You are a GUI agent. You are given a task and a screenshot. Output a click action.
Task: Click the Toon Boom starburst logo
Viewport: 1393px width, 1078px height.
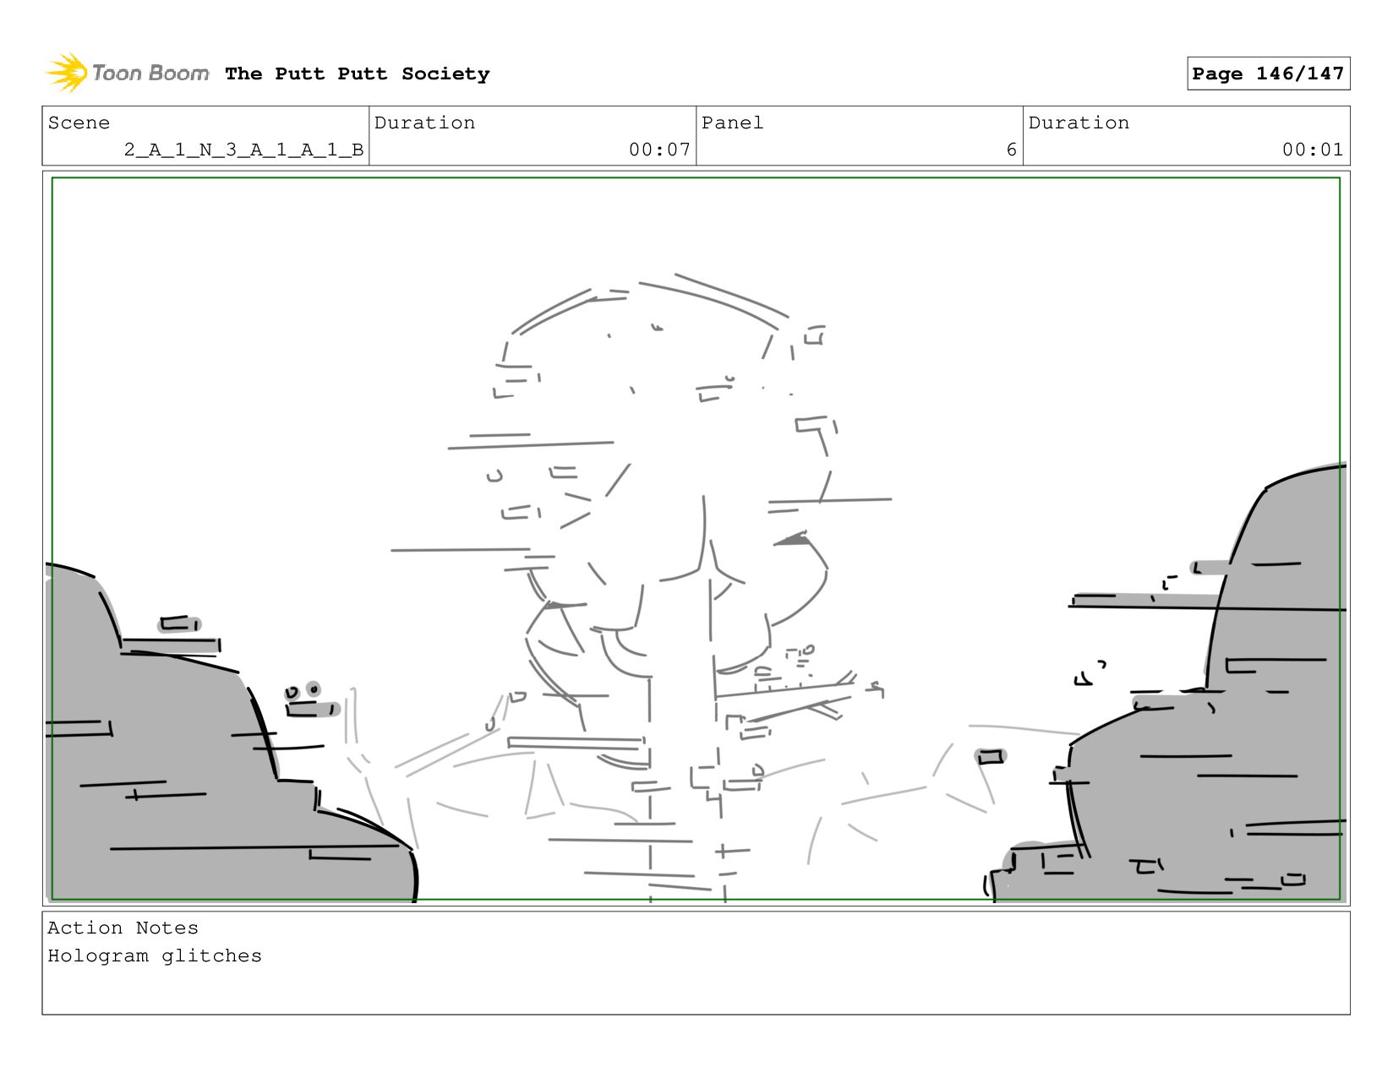[x=67, y=73]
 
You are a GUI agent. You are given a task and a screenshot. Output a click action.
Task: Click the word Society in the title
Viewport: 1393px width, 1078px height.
[x=445, y=74]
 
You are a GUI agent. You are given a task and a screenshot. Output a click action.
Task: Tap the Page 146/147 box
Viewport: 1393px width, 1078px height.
[x=1268, y=73]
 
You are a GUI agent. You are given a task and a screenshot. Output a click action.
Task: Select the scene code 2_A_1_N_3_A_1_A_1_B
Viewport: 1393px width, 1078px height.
[x=243, y=150]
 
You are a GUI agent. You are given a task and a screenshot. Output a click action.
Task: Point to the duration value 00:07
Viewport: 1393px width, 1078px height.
[x=659, y=150]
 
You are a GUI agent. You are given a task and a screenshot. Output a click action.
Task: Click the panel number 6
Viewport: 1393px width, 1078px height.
[x=1012, y=150]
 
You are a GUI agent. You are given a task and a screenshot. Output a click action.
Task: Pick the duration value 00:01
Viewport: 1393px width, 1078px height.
[x=1313, y=150]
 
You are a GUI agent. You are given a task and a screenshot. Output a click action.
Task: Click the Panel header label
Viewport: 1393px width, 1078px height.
[x=732, y=123]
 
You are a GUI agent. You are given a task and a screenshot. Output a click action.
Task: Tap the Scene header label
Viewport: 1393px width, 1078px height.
[x=79, y=123]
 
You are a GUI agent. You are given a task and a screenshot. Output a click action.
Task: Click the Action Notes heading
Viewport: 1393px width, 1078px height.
[x=123, y=928]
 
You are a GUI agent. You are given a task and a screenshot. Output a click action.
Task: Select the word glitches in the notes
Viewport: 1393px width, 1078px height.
[x=211, y=956]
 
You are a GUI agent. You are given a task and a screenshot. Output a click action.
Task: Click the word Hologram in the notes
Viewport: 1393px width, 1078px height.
[x=98, y=956]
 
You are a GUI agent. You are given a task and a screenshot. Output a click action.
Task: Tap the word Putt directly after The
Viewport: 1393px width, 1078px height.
[x=299, y=74]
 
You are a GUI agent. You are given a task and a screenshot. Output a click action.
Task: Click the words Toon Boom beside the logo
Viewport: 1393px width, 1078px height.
[x=150, y=73]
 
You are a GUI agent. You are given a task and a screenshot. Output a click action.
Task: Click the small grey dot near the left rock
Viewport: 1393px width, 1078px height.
[x=314, y=689]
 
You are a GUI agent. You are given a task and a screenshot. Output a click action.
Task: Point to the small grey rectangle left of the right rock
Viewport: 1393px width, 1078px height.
[x=991, y=757]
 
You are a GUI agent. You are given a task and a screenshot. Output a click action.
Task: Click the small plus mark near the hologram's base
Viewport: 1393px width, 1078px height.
[x=724, y=852]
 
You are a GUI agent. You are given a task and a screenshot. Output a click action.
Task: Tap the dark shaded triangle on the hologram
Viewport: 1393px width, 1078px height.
[x=792, y=539]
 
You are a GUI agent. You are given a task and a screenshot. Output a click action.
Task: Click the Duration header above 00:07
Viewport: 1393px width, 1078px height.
[x=424, y=123]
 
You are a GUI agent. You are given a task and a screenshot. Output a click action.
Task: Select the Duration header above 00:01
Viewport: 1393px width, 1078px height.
[x=1079, y=123]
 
